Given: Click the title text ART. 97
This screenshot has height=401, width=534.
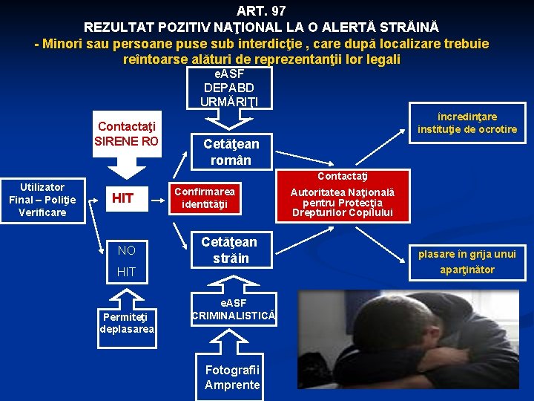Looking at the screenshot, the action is coord(261,11).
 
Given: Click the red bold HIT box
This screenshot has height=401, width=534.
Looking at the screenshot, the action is coord(122,198).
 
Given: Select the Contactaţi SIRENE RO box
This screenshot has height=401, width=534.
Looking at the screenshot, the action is coord(127,135).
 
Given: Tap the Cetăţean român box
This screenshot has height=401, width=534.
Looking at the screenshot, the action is coord(231,152).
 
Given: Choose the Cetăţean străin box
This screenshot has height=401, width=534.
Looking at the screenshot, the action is coord(229,250).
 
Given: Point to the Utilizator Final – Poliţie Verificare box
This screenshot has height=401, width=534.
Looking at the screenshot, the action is coord(42,200).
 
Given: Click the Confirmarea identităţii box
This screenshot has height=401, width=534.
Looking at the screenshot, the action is coord(205,198).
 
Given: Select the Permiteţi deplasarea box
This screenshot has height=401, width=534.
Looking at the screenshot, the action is coord(127,323).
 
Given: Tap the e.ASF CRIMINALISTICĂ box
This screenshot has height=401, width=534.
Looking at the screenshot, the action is coord(234,310).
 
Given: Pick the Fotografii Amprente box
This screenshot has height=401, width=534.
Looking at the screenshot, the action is coord(232,378).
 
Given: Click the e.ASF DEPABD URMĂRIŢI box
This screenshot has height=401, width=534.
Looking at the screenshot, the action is coord(229,88).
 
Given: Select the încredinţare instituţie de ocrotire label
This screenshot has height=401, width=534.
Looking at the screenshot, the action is coord(467,123).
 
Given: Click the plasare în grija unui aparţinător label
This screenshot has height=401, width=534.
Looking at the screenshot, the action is coord(467,261).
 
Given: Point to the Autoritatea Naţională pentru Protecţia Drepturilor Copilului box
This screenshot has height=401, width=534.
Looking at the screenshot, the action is coord(342,203).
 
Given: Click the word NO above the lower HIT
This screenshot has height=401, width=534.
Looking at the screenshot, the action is coord(127,250).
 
